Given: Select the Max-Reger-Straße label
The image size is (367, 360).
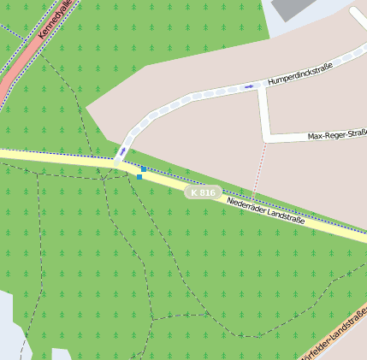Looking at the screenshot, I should point(337,135).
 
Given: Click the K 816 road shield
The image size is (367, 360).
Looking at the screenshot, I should point(204,192).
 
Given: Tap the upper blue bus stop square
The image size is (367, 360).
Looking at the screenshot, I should point(144,169).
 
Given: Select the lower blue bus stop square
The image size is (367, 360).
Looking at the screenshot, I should point(139,176).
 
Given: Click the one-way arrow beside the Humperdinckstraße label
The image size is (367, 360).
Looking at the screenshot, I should point(249,86).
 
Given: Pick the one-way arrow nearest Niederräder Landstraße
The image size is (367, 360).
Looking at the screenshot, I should point(122,150).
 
